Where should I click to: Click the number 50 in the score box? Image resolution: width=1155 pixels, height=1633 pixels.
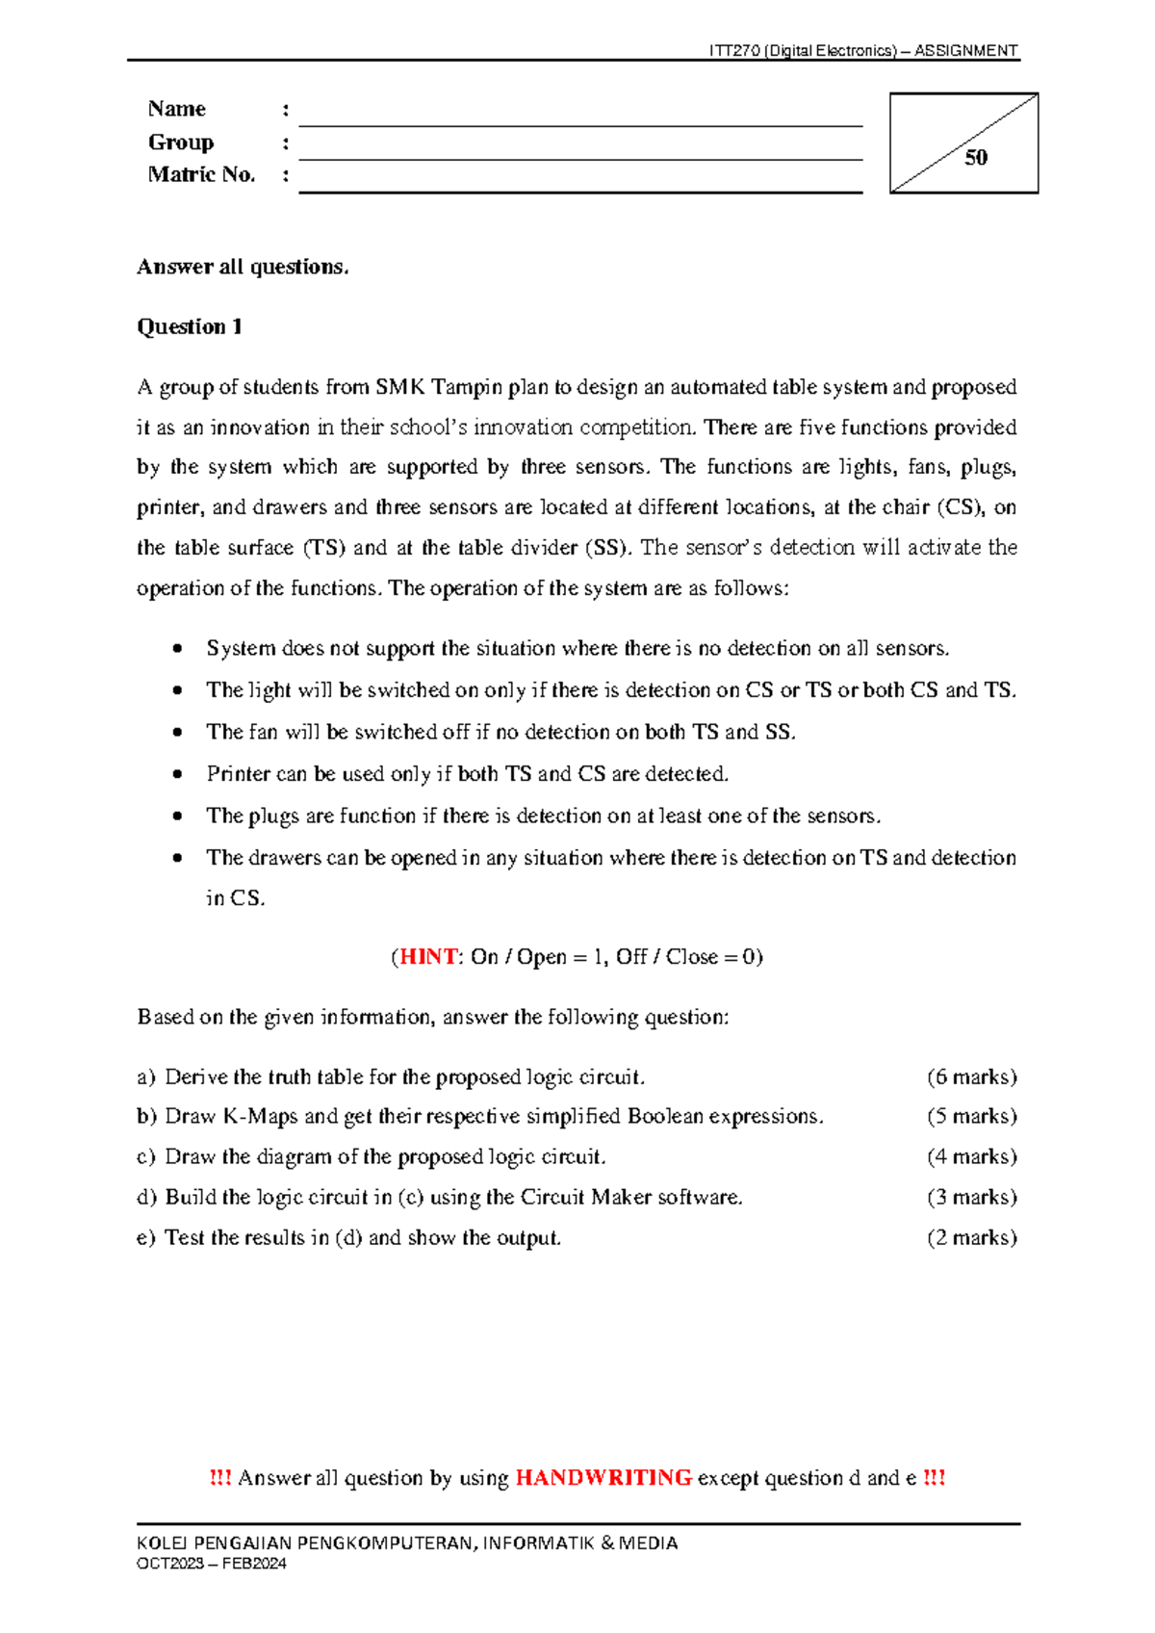point(975,158)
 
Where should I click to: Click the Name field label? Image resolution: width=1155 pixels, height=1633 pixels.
point(177,109)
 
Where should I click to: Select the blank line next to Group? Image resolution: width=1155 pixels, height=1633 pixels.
point(579,151)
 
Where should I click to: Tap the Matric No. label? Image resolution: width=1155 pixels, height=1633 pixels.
point(201,174)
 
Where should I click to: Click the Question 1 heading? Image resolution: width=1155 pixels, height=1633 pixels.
point(190,327)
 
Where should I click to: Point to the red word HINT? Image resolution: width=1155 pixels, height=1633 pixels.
point(428,957)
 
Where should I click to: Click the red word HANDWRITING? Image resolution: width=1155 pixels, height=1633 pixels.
point(603,1478)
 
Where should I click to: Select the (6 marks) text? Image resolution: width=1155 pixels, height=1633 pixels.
point(971,1076)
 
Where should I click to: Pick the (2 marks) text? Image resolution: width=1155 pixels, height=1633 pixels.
point(971,1237)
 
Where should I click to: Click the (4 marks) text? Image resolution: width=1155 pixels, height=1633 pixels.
point(971,1156)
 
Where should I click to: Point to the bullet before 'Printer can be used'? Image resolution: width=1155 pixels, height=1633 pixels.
point(177,774)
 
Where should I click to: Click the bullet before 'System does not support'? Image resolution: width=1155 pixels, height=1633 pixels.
point(177,649)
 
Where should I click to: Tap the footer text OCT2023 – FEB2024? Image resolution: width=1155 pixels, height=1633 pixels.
point(212,1564)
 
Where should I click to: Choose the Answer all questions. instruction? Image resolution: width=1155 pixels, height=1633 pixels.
point(243,267)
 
